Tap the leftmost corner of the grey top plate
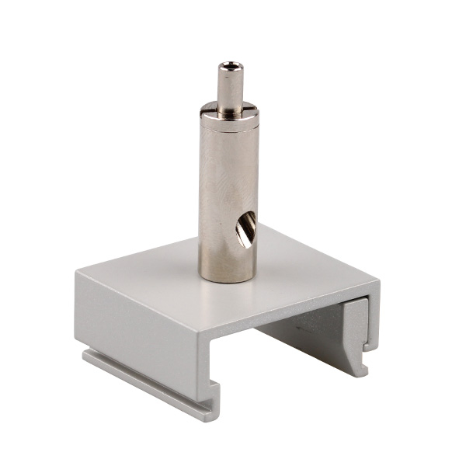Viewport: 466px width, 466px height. [x=77, y=272]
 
